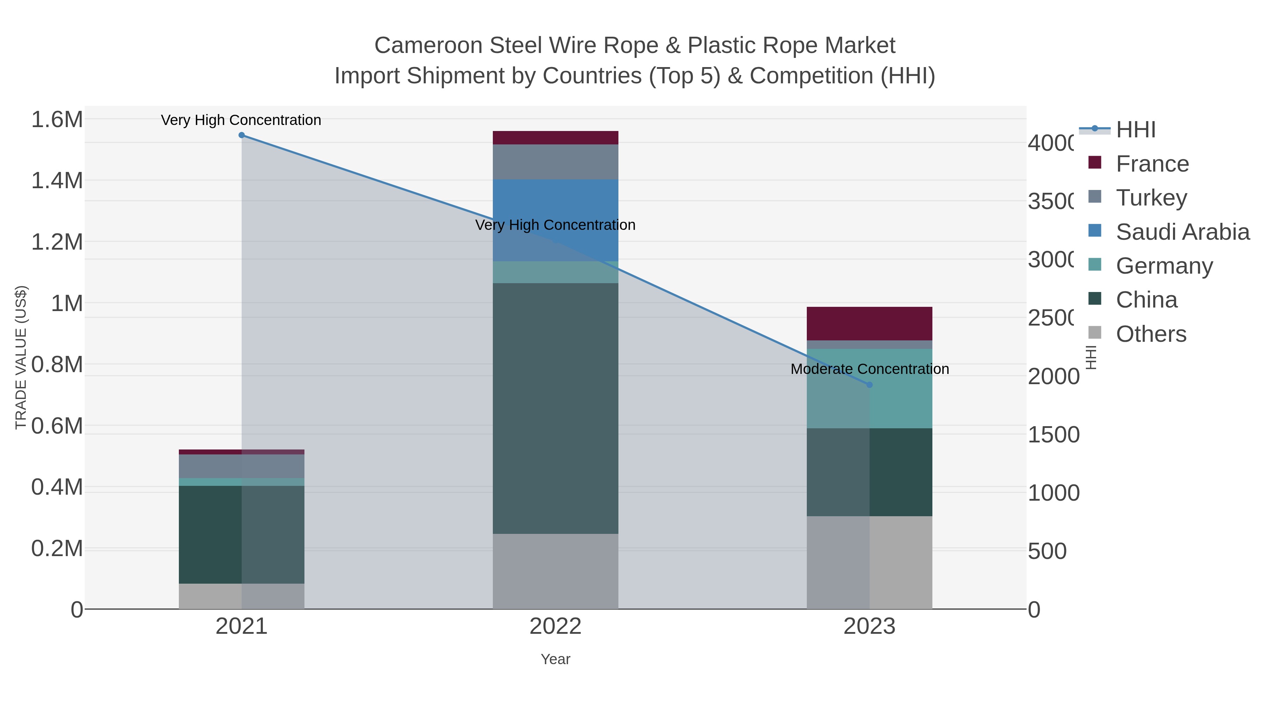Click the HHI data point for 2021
tap(242, 135)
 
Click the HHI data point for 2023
tap(869, 385)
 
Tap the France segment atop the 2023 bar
tap(869, 324)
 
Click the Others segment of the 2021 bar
tap(242, 596)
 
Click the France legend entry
tap(1152, 164)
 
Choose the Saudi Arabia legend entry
tap(1182, 232)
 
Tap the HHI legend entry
tap(1135, 130)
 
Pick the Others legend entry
tap(1151, 334)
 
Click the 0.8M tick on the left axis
tap(57, 365)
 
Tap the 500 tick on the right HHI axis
tap(1047, 551)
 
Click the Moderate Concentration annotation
tap(869, 369)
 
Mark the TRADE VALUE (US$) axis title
tap(21, 357)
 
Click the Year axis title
tap(555, 659)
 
